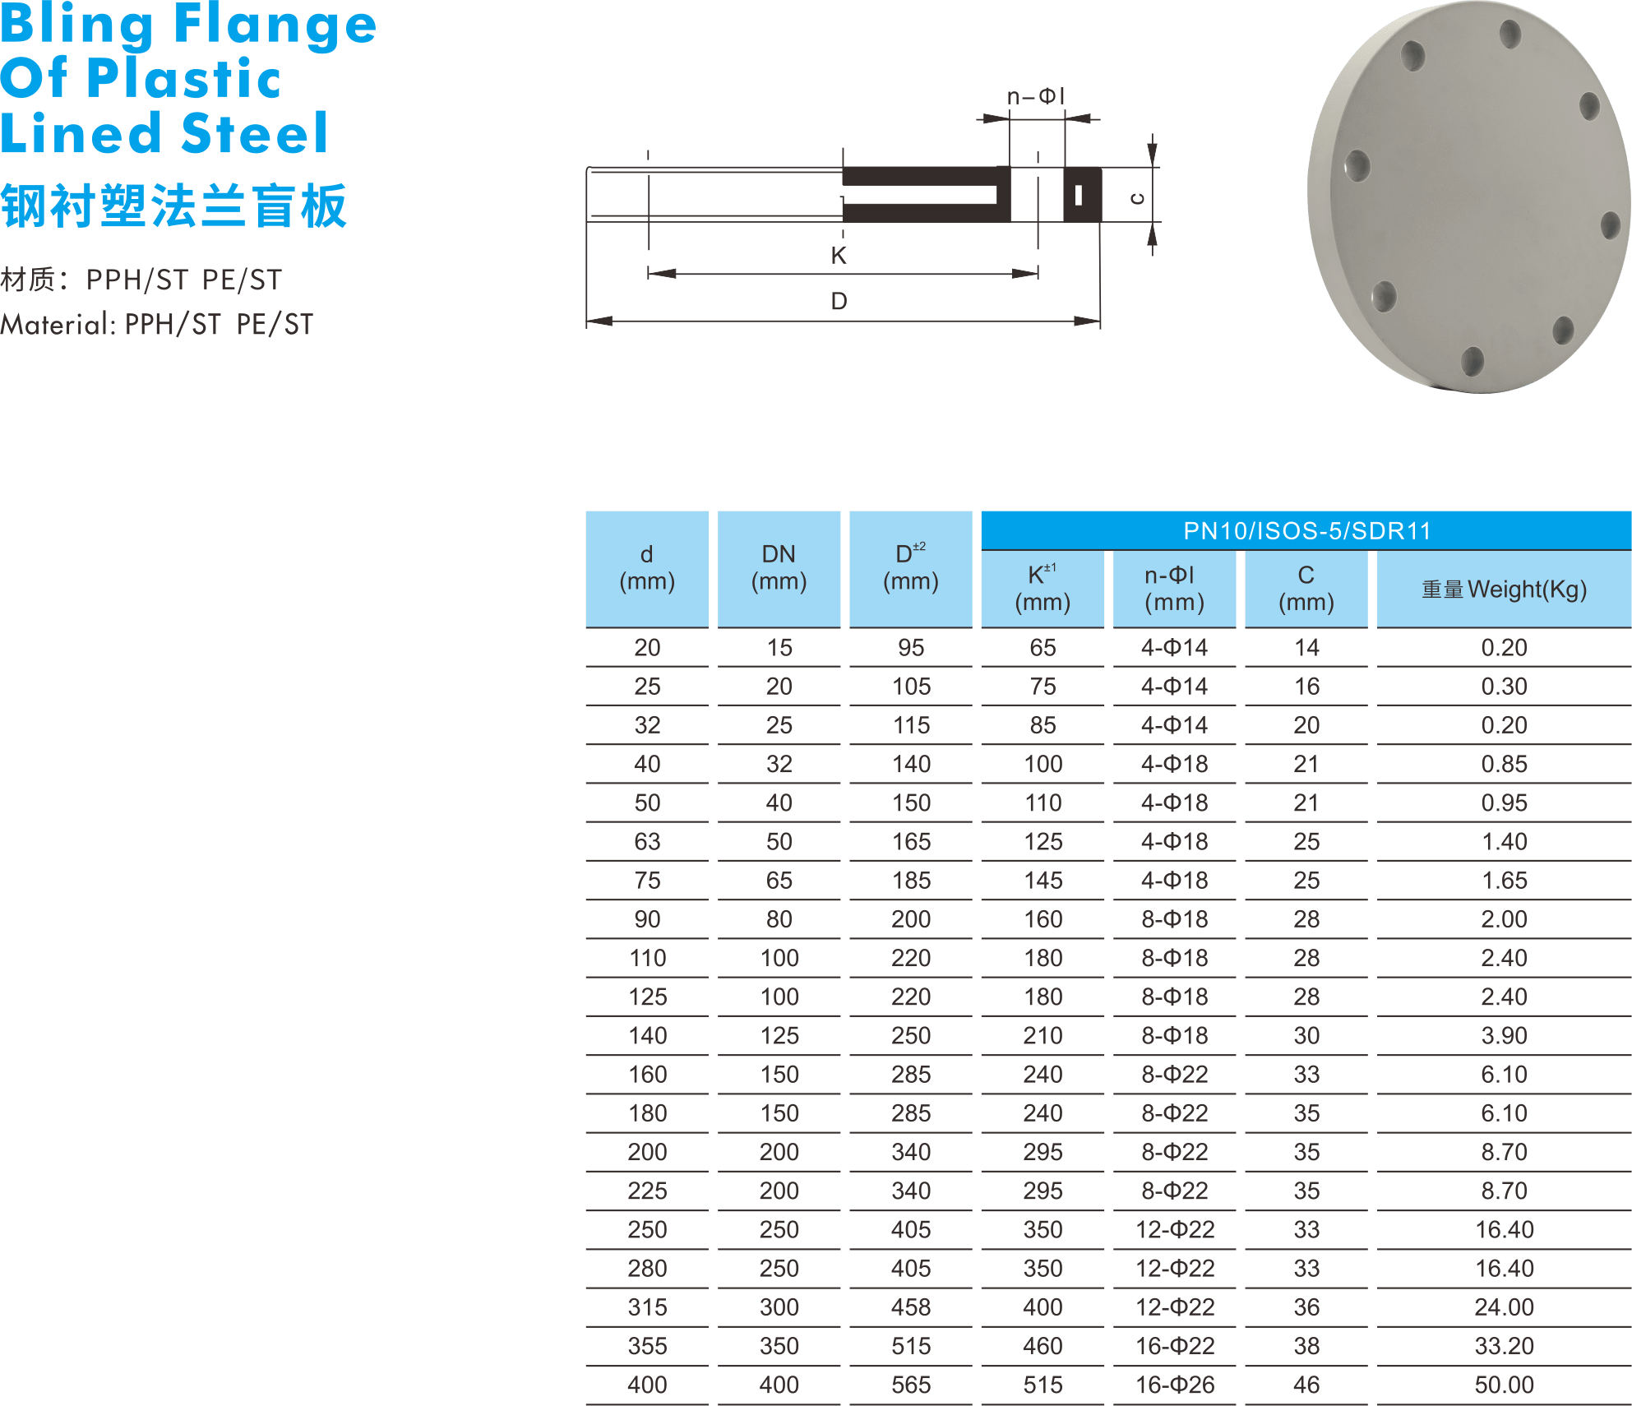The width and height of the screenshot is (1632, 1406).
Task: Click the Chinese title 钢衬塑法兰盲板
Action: click(x=173, y=206)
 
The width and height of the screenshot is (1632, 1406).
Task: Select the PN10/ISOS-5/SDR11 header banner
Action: click(x=1306, y=530)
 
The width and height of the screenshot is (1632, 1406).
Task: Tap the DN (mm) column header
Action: click(x=779, y=568)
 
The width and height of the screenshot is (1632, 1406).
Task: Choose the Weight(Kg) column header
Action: click(x=1504, y=590)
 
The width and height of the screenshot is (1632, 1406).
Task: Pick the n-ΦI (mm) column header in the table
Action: click(x=1174, y=589)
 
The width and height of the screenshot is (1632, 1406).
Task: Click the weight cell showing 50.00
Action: click(x=1504, y=1385)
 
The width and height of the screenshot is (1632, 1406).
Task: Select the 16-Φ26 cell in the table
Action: click(x=1174, y=1385)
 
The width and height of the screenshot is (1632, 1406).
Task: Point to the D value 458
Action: click(x=911, y=1307)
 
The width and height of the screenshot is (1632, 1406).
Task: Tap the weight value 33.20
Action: click(x=1504, y=1346)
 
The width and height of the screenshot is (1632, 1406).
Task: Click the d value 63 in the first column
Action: click(x=647, y=841)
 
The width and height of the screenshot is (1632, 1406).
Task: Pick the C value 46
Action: click(x=1306, y=1385)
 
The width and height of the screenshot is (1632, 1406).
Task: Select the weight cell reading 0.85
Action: click(x=1504, y=764)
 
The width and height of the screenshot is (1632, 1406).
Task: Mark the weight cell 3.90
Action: click(x=1504, y=1035)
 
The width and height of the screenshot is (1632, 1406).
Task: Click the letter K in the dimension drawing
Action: click(x=838, y=256)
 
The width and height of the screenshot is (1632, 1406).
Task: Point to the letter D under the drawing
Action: click(x=838, y=301)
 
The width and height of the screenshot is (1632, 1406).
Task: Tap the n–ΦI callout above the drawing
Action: click(x=1035, y=97)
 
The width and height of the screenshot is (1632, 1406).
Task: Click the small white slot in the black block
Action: click(x=1078, y=196)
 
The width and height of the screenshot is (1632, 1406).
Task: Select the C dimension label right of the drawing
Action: click(x=1137, y=197)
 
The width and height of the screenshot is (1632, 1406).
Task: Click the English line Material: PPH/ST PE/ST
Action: click(x=156, y=325)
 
